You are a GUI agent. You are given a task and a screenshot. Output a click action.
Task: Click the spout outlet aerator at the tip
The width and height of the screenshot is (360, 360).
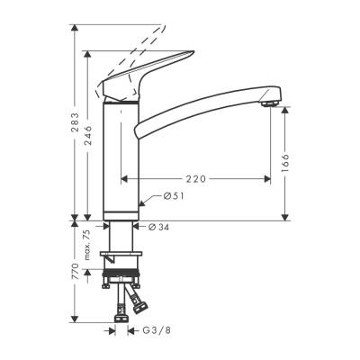point(267,103)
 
